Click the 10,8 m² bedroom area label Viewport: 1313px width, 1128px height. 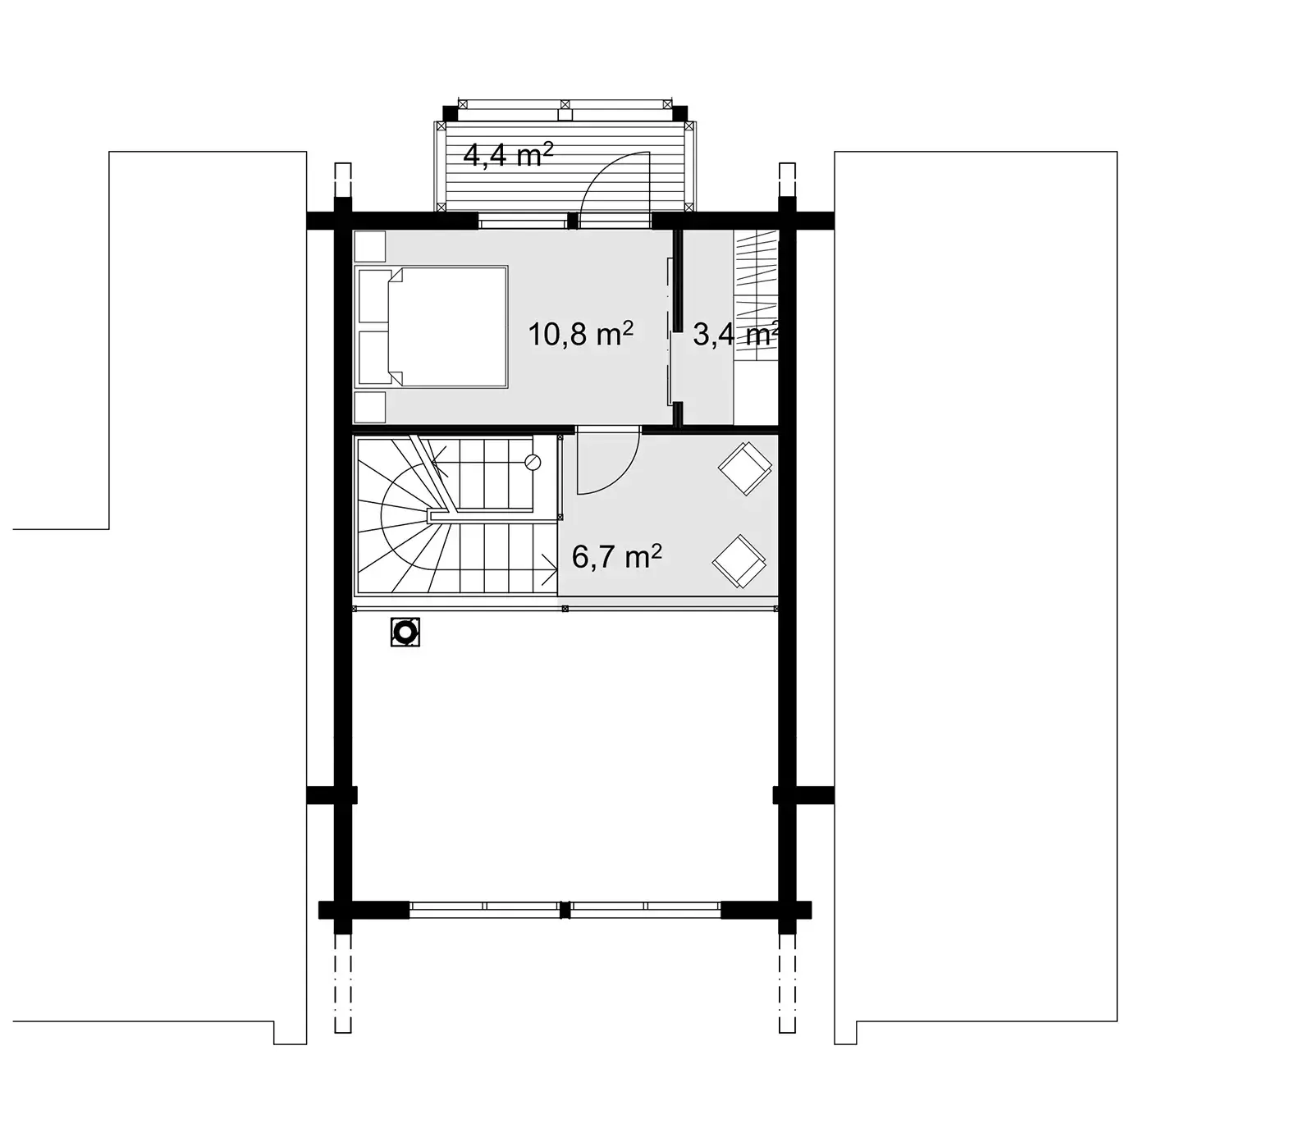580,334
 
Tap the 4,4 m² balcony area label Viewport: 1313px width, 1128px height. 508,154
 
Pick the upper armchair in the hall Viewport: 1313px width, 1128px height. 744,468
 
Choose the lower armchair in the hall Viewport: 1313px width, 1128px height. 739,562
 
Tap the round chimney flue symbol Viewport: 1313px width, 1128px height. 405,632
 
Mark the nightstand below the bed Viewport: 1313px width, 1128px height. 369,406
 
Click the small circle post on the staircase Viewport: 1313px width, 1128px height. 533,462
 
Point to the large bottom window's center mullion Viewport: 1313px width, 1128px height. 565,909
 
